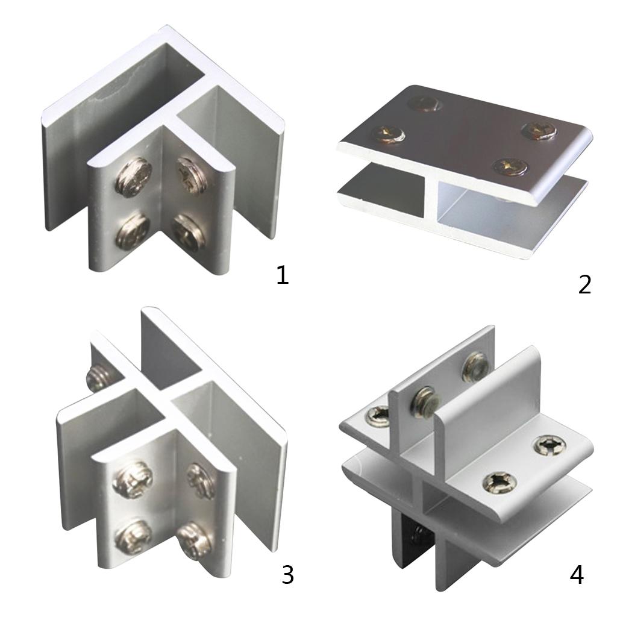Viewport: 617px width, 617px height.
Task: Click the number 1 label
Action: coord(283,275)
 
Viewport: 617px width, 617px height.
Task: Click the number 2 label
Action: coord(584,284)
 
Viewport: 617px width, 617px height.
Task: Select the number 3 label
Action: coord(287,575)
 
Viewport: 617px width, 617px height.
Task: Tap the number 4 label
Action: coord(577,575)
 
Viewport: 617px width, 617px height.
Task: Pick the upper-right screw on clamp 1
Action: coord(192,175)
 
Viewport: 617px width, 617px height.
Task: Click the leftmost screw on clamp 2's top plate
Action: coord(389,134)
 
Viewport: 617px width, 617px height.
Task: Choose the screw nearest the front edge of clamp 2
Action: coord(510,166)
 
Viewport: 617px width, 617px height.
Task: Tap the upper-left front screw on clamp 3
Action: coord(133,480)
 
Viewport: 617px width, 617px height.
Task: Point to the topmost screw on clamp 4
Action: coord(476,367)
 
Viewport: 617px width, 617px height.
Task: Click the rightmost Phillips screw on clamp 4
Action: coord(550,445)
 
